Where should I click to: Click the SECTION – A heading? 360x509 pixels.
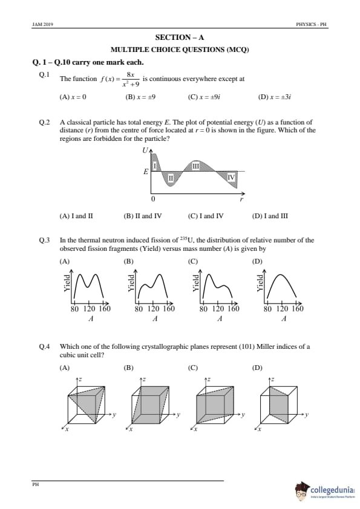click(x=180, y=37)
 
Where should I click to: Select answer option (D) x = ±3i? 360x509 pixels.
click(x=274, y=97)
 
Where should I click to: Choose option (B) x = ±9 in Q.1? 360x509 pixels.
click(x=140, y=97)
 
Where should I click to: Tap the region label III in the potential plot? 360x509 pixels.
click(x=195, y=166)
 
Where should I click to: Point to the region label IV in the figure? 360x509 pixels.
click(x=231, y=177)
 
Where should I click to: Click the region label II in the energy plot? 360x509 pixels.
click(x=171, y=178)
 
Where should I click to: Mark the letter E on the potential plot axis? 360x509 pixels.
click(x=146, y=172)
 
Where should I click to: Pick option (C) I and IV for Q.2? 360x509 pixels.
click(x=206, y=216)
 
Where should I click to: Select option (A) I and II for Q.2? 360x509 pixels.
click(x=76, y=216)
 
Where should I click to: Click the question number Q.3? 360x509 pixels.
click(x=45, y=240)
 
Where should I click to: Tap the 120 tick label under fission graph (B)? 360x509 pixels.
click(x=153, y=308)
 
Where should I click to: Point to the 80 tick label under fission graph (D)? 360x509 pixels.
click(x=267, y=308)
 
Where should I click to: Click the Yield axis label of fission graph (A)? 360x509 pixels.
click(x=67, y=283)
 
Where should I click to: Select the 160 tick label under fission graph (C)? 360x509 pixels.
click(x=234, y=308)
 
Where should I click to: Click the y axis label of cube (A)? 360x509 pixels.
click(x=114, y=415)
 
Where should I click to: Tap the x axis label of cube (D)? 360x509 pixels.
click(x=259, y=429)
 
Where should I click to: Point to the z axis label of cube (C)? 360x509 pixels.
click(x=209, y=379)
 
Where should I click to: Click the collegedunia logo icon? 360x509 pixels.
click(x=302, y=490)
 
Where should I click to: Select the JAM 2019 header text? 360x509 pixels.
click(x=43, y=24)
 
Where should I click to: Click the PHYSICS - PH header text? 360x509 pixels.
click(x=311, y=24)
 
